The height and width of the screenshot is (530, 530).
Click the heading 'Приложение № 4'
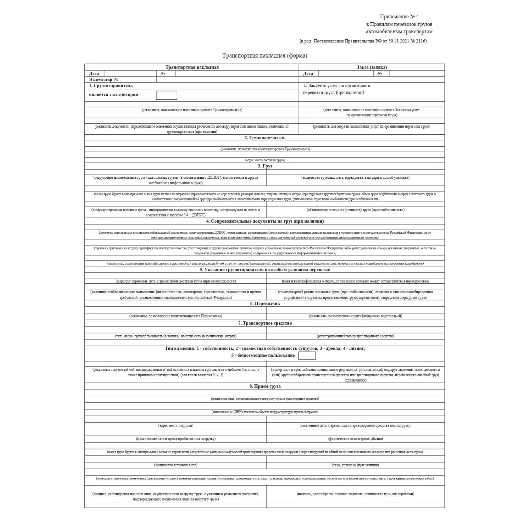click(x=399, y=17)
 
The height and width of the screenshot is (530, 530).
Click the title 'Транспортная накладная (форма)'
click(x=265, y=55)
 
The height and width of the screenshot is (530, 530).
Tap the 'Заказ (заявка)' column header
click(x=372, y=67)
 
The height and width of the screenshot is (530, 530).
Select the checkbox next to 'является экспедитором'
click(x=166, y=95)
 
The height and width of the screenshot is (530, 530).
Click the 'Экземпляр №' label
click(x=104, y=79)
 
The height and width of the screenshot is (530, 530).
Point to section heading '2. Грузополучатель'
click(x=265, y=138)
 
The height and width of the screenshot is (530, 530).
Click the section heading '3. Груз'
click(x=265, y=166)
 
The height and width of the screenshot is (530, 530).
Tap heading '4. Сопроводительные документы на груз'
click(x=265, y=221)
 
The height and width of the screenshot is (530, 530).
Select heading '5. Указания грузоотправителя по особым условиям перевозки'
click(x=265, y=270)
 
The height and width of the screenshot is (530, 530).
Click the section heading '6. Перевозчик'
click(x=265, y=304)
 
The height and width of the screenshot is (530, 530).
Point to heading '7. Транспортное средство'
click(x=265, y=323)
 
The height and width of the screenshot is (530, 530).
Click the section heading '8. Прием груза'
click(x=265, y=386)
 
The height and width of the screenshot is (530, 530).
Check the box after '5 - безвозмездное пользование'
click(x=307, y=356)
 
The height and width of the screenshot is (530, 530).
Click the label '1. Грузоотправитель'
click(x=111, y=86)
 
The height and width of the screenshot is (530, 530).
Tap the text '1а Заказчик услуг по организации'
click(x=336, y=86)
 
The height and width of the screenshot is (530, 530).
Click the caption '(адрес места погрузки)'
click(x=176, y=425)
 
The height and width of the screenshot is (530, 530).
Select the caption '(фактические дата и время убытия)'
click(x=355, y=438)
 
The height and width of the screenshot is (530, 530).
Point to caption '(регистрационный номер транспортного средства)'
click(x=355, y=336)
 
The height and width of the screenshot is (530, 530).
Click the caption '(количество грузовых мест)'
click(x=176, y=465)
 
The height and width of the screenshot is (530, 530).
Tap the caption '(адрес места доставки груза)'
click(x=265, y=160)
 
